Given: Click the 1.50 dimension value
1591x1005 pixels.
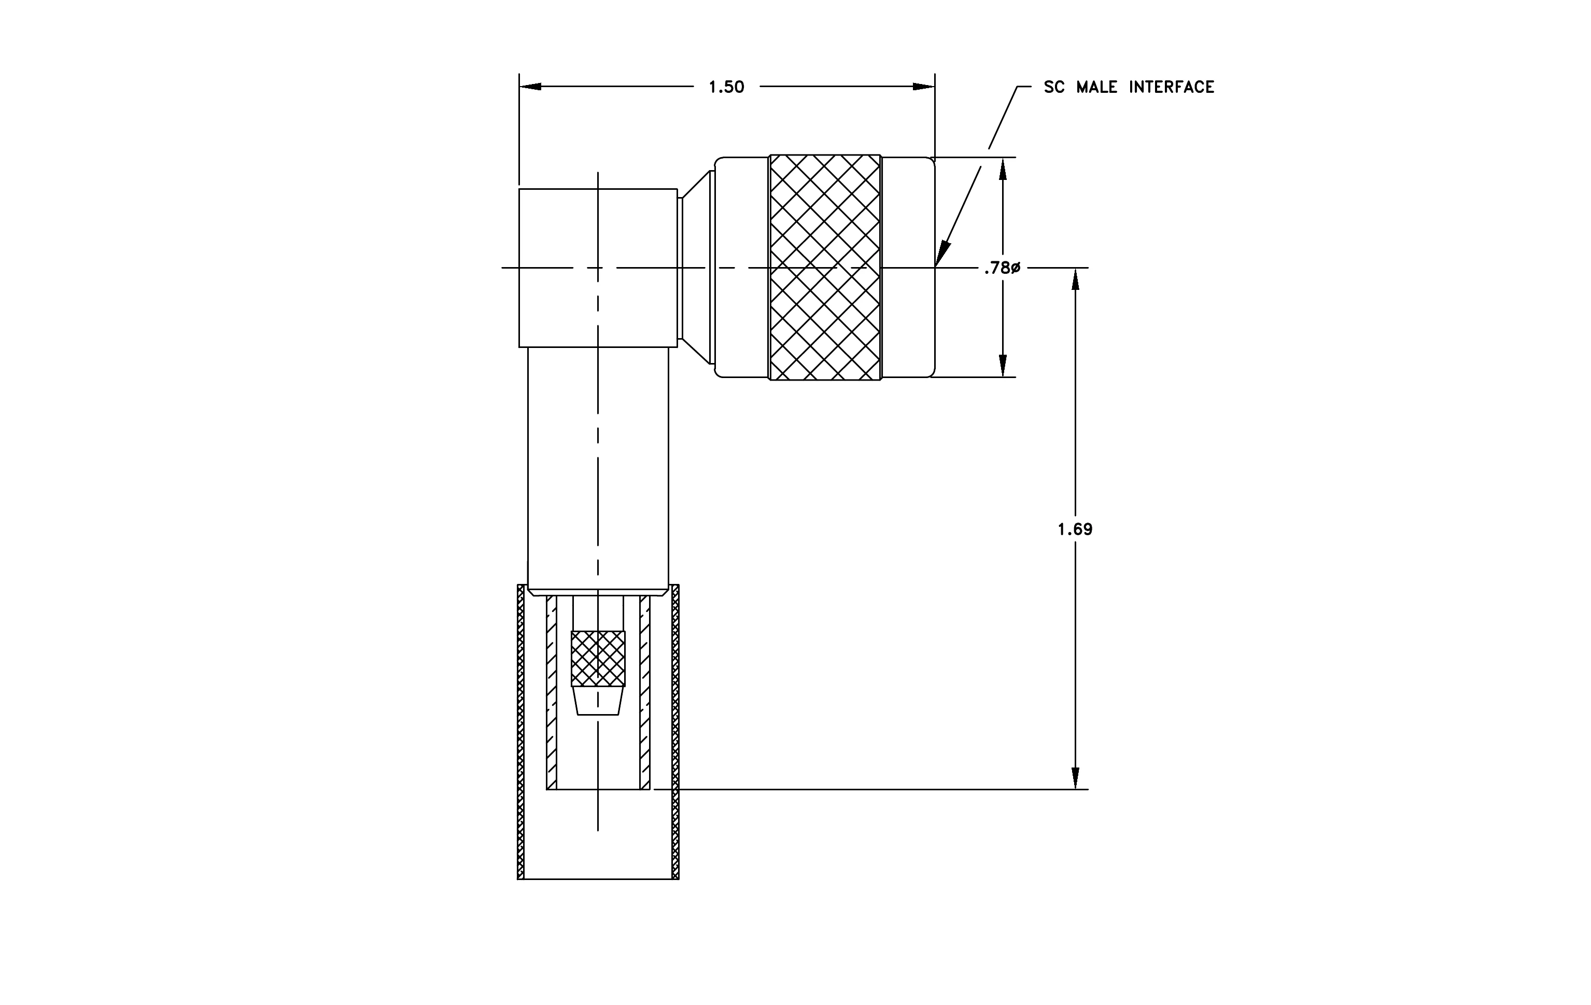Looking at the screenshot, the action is click(726, 87).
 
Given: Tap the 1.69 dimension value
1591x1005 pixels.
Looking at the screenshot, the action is click(1075, 529).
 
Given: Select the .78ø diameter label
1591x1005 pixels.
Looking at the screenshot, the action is click(1002, 268).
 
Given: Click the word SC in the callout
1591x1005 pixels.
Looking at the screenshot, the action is click(1054, 87).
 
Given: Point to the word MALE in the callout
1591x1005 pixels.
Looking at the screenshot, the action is click(1097, 87).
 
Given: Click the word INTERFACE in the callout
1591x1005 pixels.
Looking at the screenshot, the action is click(1172, 87).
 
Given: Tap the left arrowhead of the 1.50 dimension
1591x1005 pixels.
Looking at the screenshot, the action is click(530, 87).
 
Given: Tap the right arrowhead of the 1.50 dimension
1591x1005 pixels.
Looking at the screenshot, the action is click(924, 87).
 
